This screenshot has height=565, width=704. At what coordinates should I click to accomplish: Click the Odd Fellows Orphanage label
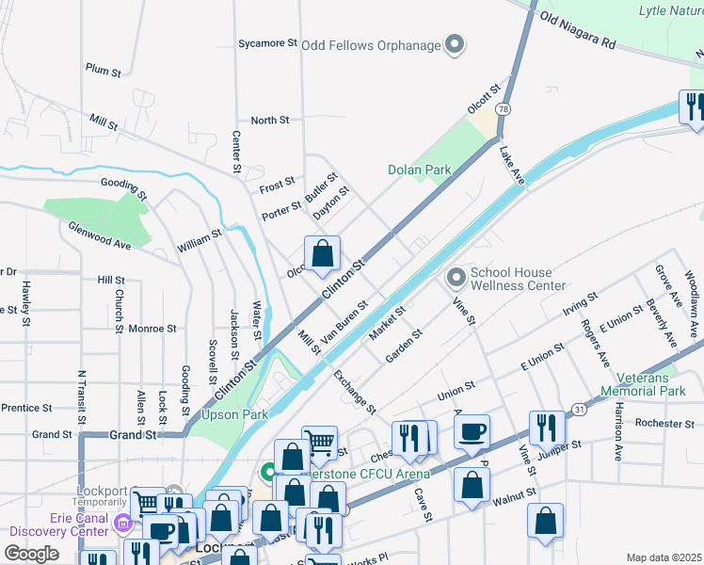371,45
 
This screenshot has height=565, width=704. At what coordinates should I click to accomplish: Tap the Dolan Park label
420,169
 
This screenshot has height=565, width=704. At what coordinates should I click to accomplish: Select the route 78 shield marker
505,109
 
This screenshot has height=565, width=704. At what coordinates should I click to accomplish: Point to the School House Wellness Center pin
456,277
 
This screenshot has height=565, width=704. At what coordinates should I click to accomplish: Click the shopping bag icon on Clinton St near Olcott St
322,254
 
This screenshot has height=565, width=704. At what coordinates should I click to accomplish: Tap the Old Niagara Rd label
578,30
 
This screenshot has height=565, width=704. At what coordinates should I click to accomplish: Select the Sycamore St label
267,43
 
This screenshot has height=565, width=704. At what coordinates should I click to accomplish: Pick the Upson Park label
234,414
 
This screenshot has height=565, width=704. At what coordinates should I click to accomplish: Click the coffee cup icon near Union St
472,433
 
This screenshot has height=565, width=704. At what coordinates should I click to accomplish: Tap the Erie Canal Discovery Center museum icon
122,521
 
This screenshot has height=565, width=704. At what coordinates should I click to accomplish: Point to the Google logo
31,554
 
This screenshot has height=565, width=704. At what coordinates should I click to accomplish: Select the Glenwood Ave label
99,235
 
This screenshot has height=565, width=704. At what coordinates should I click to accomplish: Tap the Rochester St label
664,424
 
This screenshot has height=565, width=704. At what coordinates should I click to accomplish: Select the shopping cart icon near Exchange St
320,442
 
